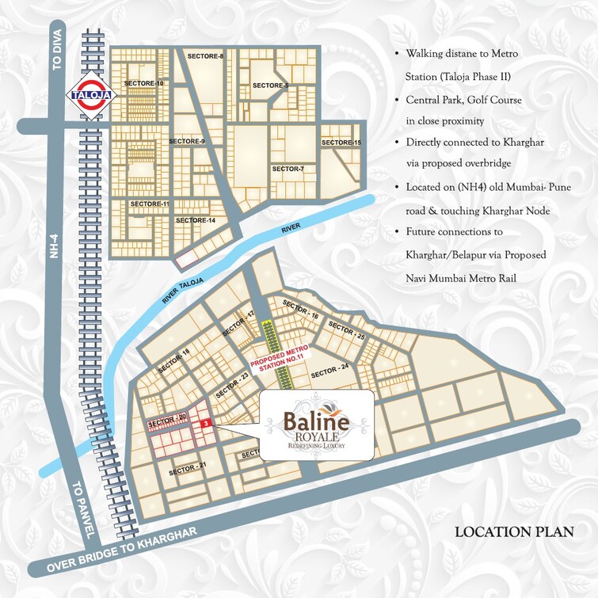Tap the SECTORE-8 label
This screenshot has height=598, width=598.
click(x=205, y=56)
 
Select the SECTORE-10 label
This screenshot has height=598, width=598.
click(x=144, y=83)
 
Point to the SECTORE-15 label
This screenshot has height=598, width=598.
click(x=341, y=143)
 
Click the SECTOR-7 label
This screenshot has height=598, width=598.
click(x=288, y=169)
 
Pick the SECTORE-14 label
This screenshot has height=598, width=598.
click(x=196, y=220)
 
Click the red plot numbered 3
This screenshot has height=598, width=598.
click(x=205, y=425)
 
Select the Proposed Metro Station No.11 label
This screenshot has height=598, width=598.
click(x=277, y=359)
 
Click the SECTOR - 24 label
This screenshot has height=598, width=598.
click(x=329, y=370)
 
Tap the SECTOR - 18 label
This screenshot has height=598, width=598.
click(x=174, y=361)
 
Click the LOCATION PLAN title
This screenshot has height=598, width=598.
click(x=512, y=532)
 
